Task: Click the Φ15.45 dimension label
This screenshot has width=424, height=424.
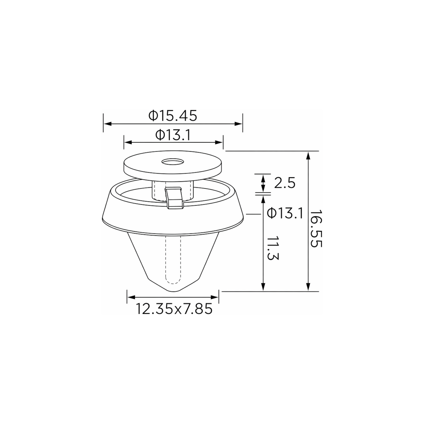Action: (173, 116)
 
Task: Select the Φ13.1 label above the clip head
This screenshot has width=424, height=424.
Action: (173, 135)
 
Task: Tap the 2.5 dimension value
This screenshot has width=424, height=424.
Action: (284, 183)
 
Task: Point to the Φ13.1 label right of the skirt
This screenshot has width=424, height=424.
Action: (285, 213)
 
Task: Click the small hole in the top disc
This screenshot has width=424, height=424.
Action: (173, 162)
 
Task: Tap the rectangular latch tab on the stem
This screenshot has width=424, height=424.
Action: (175, 198)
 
